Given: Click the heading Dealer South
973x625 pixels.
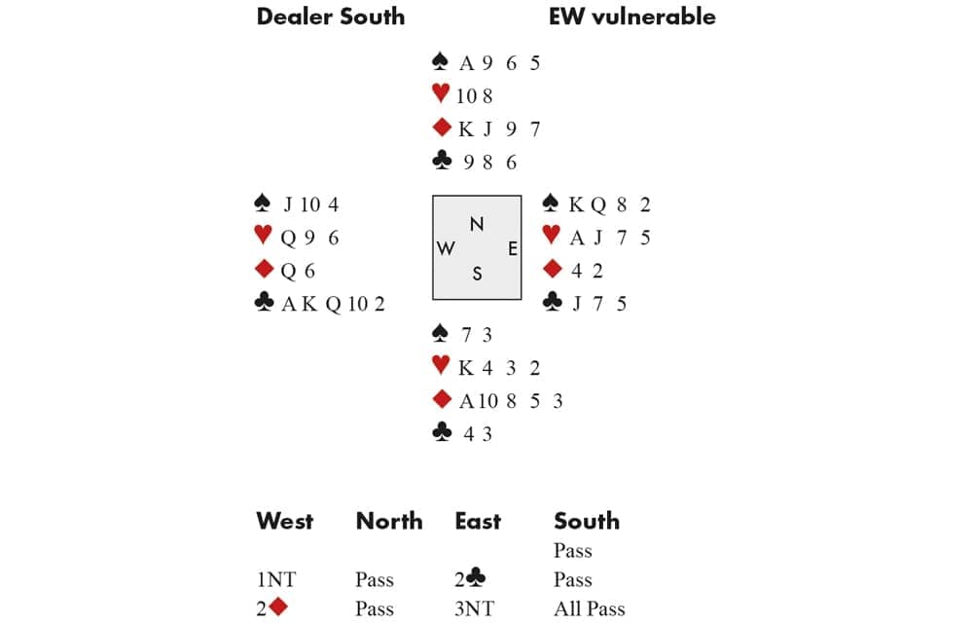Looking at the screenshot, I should tap(330, 17).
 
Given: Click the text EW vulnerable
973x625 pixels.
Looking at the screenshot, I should tap(631, 17).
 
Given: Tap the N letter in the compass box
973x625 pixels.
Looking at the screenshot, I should tap(477, 224).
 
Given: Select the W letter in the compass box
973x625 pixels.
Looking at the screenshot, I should tap(447, 248).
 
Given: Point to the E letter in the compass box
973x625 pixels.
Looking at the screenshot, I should tap(512, 248).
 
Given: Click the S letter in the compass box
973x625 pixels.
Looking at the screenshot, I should tap(477, 274).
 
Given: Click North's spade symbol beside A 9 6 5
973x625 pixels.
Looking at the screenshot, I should tap(440, 63).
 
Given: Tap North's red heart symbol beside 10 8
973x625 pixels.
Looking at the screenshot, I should tap(440, 95).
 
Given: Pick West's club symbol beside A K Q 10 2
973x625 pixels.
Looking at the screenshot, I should tap(262, 304).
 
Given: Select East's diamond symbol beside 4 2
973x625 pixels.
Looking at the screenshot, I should tap(552, 270).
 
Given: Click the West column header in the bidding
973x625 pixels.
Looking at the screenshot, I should tap(284, 521).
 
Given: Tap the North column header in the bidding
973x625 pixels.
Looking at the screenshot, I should tap(389, 521).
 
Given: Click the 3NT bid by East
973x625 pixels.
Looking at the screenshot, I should tap(474, 609).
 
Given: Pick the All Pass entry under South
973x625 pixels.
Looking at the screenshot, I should tap(589, 609).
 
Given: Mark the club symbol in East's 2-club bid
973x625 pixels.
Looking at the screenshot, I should tap(477, 579).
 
